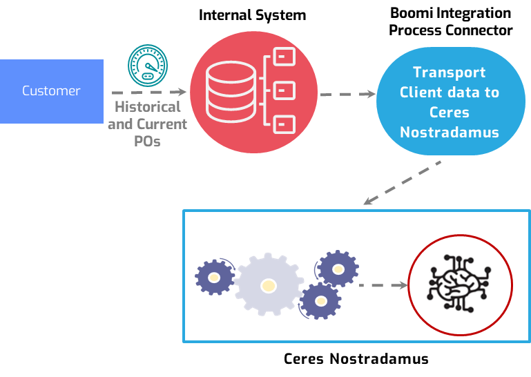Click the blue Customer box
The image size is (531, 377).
pos(51,91)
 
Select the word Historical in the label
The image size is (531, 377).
pos(147,107)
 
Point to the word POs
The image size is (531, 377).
pos(147,141)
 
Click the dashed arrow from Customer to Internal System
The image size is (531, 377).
pos(148,92)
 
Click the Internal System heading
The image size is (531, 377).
pos(252,15)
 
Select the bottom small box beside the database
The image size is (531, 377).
pos(284,124)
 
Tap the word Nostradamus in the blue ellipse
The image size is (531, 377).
pos(450,132)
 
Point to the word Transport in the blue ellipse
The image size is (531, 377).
pos(450,72)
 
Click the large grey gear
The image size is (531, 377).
pos(268,284)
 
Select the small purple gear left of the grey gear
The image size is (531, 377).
pos(214,278)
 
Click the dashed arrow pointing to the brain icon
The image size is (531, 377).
pos(383,284)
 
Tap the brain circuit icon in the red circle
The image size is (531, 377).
pos(457,284)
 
